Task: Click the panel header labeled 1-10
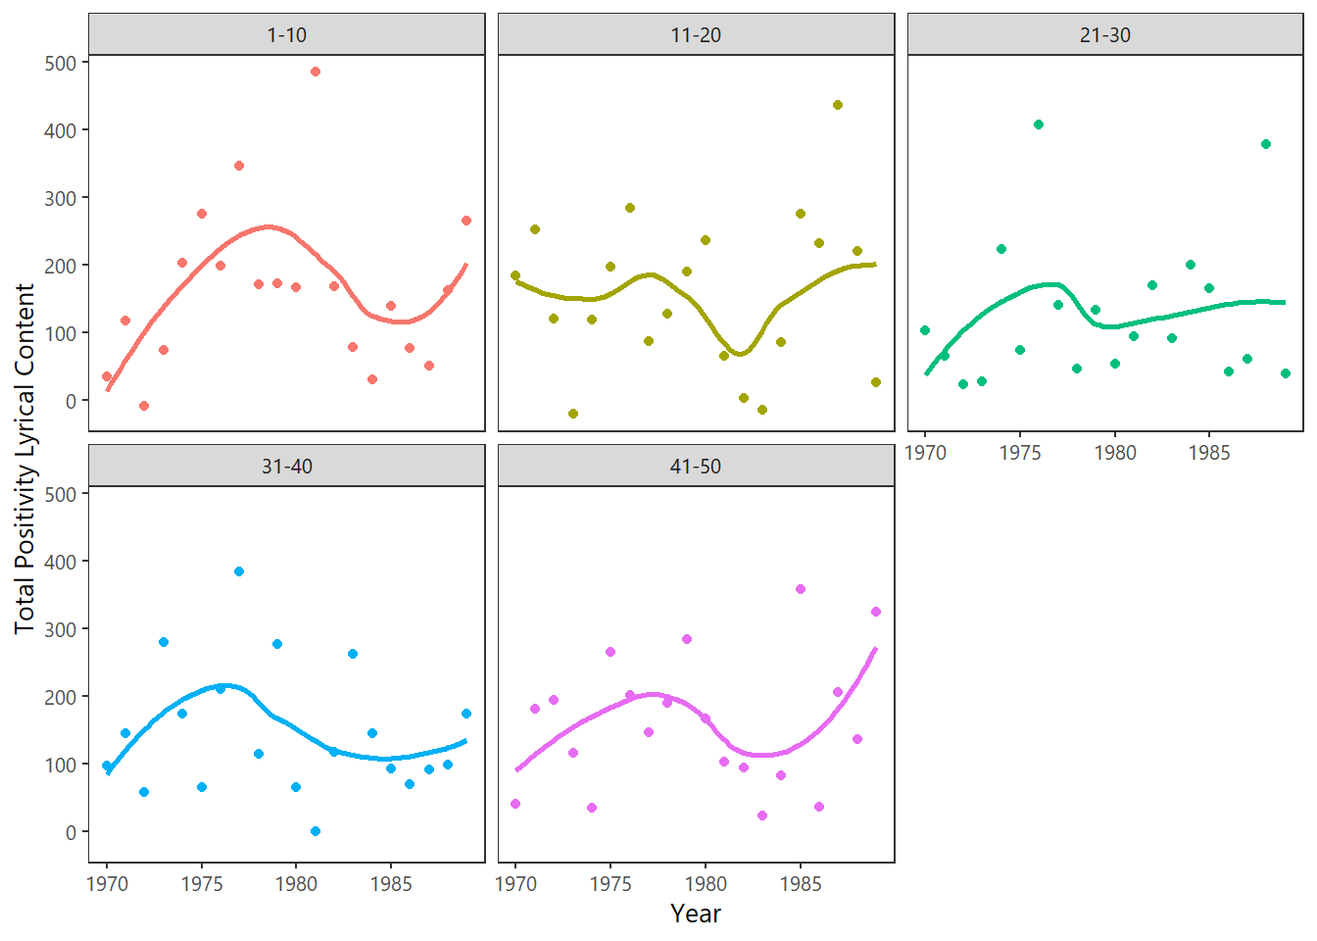[286, 35]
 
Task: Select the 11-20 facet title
[696, 35]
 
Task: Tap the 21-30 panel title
[1104, 35]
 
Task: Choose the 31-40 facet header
[286, 467]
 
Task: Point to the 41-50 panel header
[696, 467]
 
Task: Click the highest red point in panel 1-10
[316, 72]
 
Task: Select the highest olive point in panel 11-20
[838, 105]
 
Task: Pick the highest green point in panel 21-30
[1039, 124]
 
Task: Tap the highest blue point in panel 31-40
[239, 571]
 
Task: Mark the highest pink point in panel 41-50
[801, 589]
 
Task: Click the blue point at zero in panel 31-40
[316, 831]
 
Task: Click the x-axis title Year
[696, 914]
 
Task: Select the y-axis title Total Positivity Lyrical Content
[24, 459]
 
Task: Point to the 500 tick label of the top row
[61, 63]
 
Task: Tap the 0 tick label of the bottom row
[71, 832]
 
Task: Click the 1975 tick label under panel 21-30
[1020, 453]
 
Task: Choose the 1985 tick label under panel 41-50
[801, 884]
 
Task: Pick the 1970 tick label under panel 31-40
[107, 884]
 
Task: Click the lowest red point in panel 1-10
[144, 406]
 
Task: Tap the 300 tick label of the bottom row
[61, 629]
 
